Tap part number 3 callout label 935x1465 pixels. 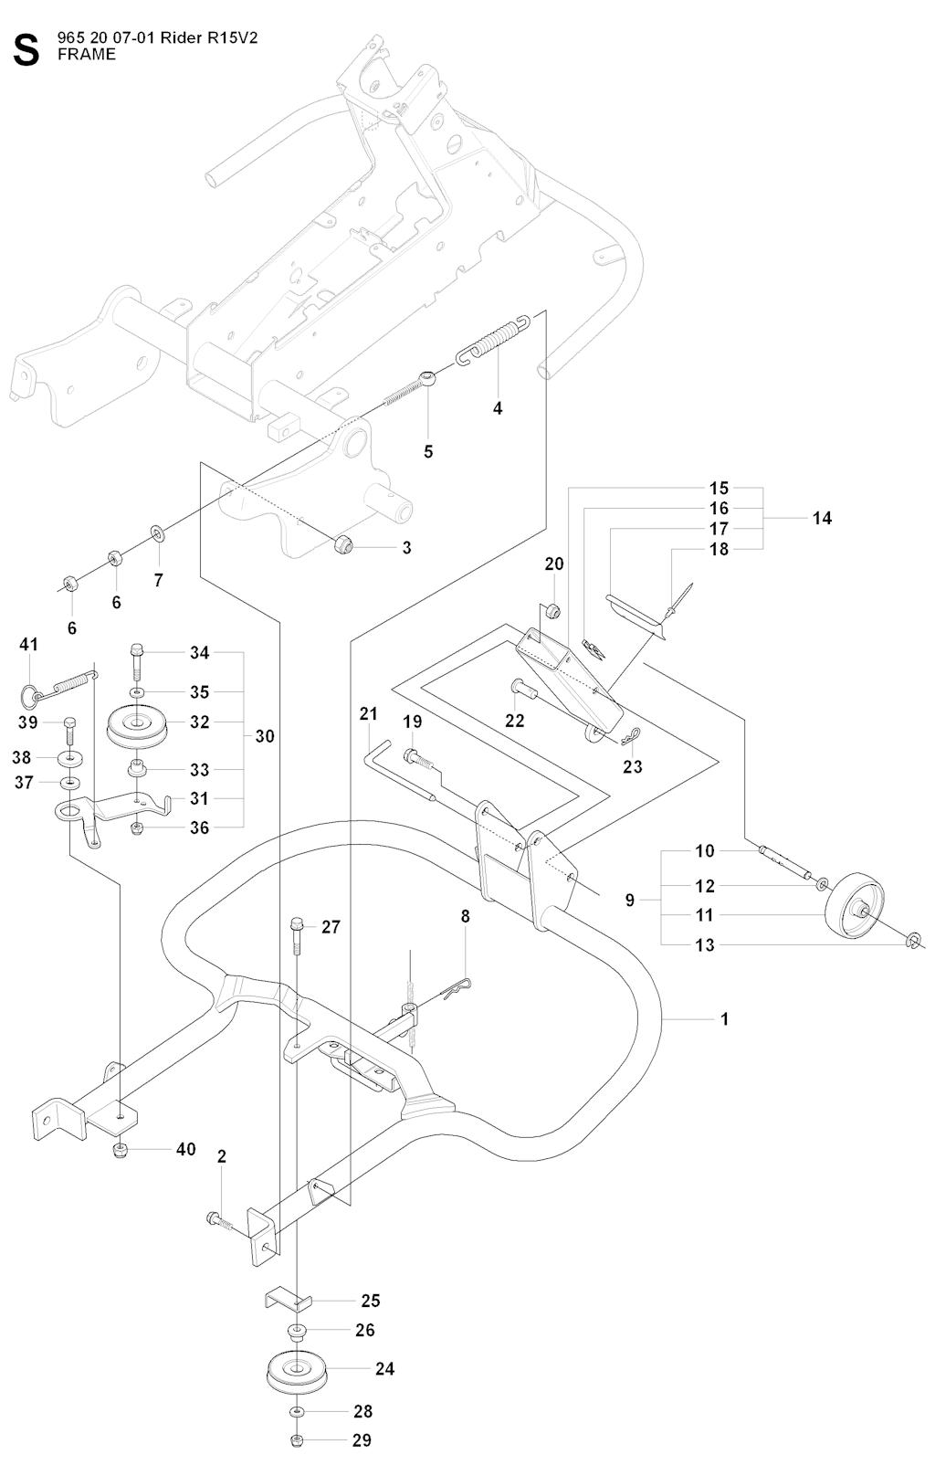pos(407,548)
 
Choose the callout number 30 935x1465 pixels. pos(265,736)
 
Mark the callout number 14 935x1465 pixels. pos(822,518)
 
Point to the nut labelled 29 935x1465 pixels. pos(299,1441)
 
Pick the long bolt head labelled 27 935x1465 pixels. pos(297,924)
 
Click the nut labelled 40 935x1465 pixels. pos(121,1148)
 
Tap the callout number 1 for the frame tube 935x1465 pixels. pos(725,1018)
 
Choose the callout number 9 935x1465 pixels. pos(630,901)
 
